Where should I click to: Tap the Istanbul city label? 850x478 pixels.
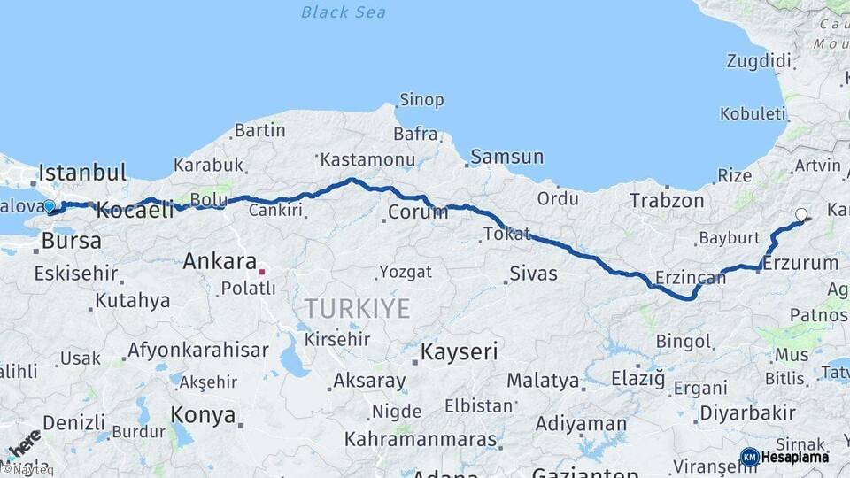82,172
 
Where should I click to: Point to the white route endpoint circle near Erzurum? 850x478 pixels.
801,214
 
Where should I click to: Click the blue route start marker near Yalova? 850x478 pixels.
50,207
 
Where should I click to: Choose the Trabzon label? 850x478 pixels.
667,201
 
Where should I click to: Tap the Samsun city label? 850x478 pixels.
506,157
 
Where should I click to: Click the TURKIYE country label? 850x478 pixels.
357,309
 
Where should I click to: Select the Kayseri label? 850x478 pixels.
459,352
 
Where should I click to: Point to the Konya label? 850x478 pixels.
203,415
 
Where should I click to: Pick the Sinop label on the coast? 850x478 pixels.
421,100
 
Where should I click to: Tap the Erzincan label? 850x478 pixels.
690,277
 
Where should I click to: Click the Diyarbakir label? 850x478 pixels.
747,413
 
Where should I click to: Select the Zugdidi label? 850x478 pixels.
758,61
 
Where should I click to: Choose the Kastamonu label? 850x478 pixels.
367,159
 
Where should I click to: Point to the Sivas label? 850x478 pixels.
533,273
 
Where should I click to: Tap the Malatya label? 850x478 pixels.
543,382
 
